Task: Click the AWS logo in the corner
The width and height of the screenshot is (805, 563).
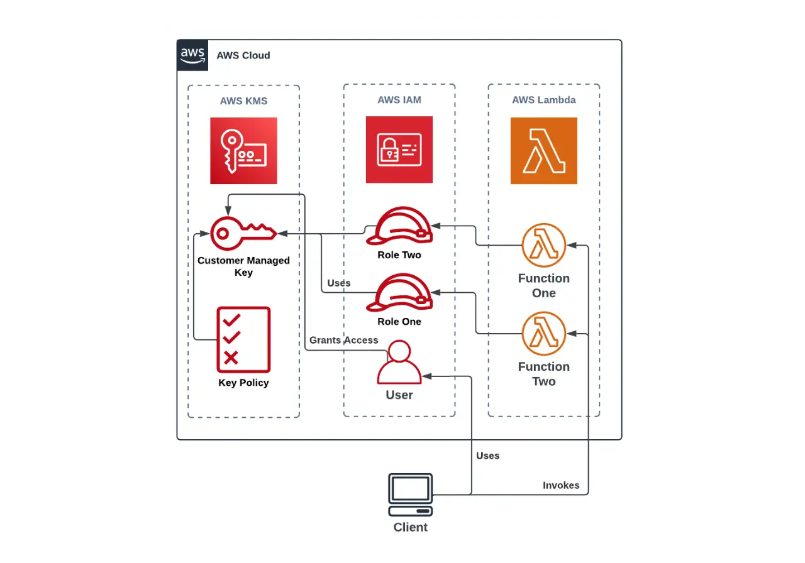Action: [192, 55]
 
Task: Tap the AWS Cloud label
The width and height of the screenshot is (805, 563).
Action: [243, 55]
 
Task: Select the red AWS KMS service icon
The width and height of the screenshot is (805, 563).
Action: [243, 151]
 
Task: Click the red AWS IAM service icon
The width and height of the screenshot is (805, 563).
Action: [399, 150]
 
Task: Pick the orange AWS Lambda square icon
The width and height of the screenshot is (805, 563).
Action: [543, 151]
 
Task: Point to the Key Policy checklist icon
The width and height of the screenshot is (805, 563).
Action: [243, 339]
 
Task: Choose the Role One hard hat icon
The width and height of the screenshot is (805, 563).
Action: [400, 293]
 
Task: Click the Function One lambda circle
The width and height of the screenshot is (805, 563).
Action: [544, 245]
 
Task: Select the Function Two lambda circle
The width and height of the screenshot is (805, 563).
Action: [544, 334]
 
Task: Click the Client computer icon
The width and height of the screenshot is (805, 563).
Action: [411, 495]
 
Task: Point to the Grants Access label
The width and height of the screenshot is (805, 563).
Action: [343, 340]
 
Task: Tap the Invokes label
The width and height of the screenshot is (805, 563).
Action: [561, 485]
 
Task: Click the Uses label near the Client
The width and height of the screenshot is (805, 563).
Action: [487, 456]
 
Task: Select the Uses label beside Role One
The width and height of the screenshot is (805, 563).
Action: [339, 283]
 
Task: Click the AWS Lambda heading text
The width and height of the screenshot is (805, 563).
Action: [543, 100]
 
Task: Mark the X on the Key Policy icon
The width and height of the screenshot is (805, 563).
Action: [231, 358]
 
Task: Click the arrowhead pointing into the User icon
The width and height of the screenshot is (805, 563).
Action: [426, 376]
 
